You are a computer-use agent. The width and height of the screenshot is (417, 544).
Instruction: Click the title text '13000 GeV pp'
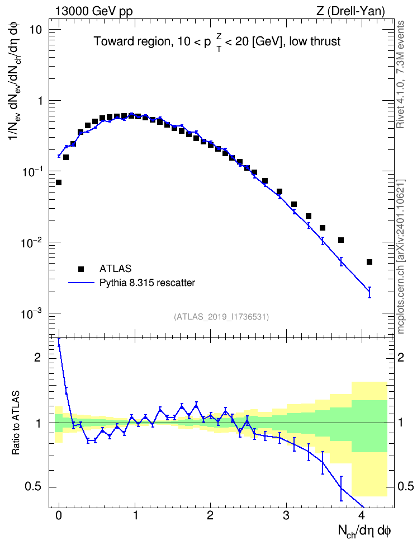(94, 11)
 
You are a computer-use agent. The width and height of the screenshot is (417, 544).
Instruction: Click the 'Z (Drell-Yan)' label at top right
(350, 11)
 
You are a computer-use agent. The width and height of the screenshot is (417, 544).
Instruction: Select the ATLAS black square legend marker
(80, 269)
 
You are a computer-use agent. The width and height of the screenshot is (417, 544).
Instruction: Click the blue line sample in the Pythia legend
(82, 283)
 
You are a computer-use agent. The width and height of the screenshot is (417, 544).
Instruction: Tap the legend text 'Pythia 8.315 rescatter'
(148, 283)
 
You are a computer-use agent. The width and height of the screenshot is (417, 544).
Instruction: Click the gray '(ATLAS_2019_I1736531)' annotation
(221, 316)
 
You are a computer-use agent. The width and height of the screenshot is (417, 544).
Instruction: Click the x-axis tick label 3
(286, 515)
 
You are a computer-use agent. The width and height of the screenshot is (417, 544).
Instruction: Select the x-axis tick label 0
(59, 515)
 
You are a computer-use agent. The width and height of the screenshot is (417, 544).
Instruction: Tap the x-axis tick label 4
(362, 515)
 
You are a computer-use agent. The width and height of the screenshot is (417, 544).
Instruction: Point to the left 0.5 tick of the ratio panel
(33, 487)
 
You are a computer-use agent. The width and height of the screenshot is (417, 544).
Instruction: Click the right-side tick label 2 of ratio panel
(401, 357)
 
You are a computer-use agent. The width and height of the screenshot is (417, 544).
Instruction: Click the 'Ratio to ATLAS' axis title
(16, 423)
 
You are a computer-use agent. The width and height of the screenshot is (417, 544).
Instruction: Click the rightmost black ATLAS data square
(369, 262)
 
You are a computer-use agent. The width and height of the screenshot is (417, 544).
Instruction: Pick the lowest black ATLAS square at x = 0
(59, 182)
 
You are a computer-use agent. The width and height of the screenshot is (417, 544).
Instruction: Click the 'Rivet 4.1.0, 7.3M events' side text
(400, 74)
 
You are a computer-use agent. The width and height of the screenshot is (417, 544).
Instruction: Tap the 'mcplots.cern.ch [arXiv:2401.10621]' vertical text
(400, 256)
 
